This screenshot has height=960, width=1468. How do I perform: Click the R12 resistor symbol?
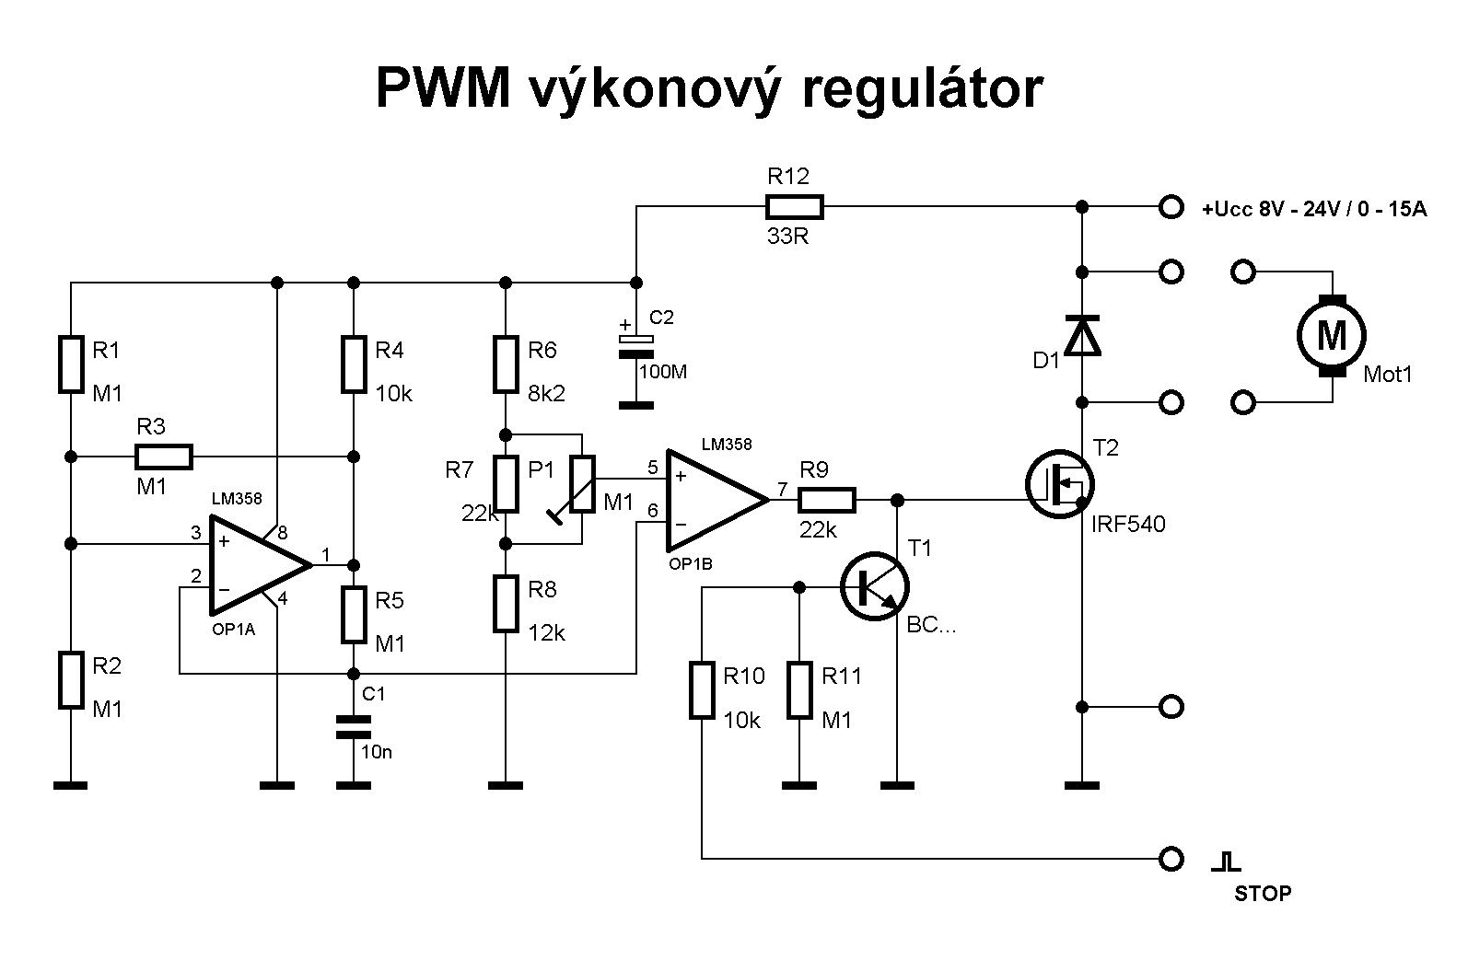(x=794, y=207)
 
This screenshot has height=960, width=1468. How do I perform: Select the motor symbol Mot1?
(x=1332, y=336)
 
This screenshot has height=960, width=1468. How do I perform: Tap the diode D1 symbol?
(x=1082, y=336)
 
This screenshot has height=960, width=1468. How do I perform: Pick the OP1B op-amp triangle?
(x=716, y=501)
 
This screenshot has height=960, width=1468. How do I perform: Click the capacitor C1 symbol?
(x=353, y=727)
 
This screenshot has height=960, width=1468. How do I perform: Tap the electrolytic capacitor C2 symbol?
(x=635, y=346)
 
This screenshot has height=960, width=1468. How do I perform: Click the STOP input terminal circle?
(x=1171, y=859)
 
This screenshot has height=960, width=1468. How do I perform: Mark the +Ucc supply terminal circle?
(x=1171, y=207)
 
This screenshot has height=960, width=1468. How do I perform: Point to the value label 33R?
(x=787, y=237)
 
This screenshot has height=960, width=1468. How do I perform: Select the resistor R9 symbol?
(x=826, y=501)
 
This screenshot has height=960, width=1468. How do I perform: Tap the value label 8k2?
(x=547, y=393)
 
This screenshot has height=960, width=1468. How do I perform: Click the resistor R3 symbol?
(x=164, y=457)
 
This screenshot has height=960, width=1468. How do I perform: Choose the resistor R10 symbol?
(x=702, y=689)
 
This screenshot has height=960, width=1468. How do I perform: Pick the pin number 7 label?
(x=783, y=489)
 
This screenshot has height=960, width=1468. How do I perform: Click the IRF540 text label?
(x=1128, y=525)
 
